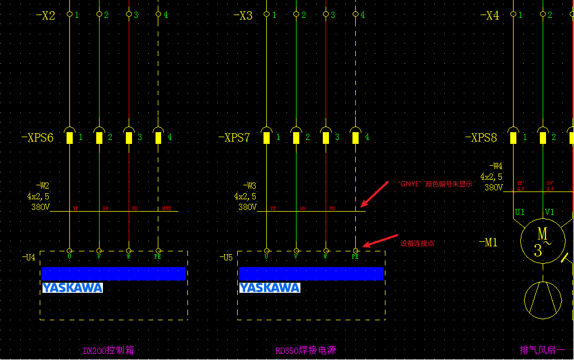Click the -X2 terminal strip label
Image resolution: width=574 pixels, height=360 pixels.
point(45,16)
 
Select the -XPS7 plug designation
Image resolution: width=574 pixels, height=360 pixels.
point(234,138)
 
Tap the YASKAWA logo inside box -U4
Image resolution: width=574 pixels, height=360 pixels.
point(73,288)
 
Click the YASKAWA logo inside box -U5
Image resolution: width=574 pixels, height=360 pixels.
point(270,288)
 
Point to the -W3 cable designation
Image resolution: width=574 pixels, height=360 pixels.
point(250,185)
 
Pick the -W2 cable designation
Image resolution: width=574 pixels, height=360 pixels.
point(43,185)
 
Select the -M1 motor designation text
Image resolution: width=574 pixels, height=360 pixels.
point(488,242)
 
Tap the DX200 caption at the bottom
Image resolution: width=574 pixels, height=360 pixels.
point(109,351)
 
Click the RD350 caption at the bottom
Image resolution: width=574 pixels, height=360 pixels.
point(305,351)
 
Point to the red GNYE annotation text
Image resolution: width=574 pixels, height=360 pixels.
point(435,184)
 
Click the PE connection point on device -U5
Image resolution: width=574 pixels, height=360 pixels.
point(355,251)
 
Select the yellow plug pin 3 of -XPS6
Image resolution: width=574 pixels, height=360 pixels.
point(129,137)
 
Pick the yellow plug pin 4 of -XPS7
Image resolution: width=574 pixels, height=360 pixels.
point(355,137)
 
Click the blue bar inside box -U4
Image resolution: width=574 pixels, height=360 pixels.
point(113,274)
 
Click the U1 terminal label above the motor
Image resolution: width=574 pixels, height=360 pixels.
point(520,212)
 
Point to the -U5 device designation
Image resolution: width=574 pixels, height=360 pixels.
point(226,258)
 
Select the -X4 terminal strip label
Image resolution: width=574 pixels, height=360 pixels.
point(489,16)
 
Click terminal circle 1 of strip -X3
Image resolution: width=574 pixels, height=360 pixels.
point(267,15)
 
